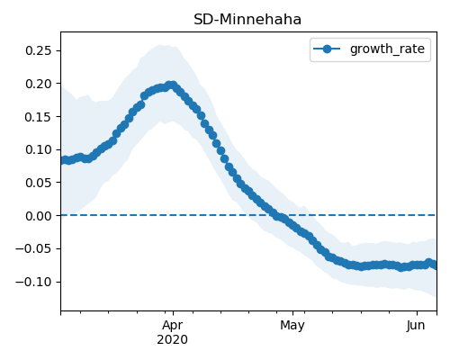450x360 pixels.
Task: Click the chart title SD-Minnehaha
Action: [247, 20]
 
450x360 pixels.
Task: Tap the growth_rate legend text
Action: [387, 49]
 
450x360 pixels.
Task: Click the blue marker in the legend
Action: [327, 49]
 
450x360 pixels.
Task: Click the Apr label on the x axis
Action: [173, 326]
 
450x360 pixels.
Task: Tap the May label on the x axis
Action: [292, 326]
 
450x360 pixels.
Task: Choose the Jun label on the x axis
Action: [416, 325]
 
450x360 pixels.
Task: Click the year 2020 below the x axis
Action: [173, 339]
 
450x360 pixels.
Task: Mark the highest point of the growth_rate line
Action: [172, 85]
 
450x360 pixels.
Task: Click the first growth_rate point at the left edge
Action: [64, 160]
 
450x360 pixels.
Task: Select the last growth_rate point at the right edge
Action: [434, 265]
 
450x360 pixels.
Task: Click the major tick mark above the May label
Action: [293, 313]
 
